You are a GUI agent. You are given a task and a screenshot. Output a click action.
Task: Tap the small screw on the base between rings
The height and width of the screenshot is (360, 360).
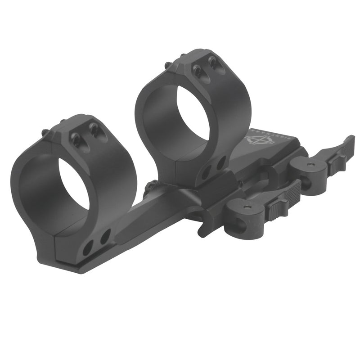click(x=153, y=184)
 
